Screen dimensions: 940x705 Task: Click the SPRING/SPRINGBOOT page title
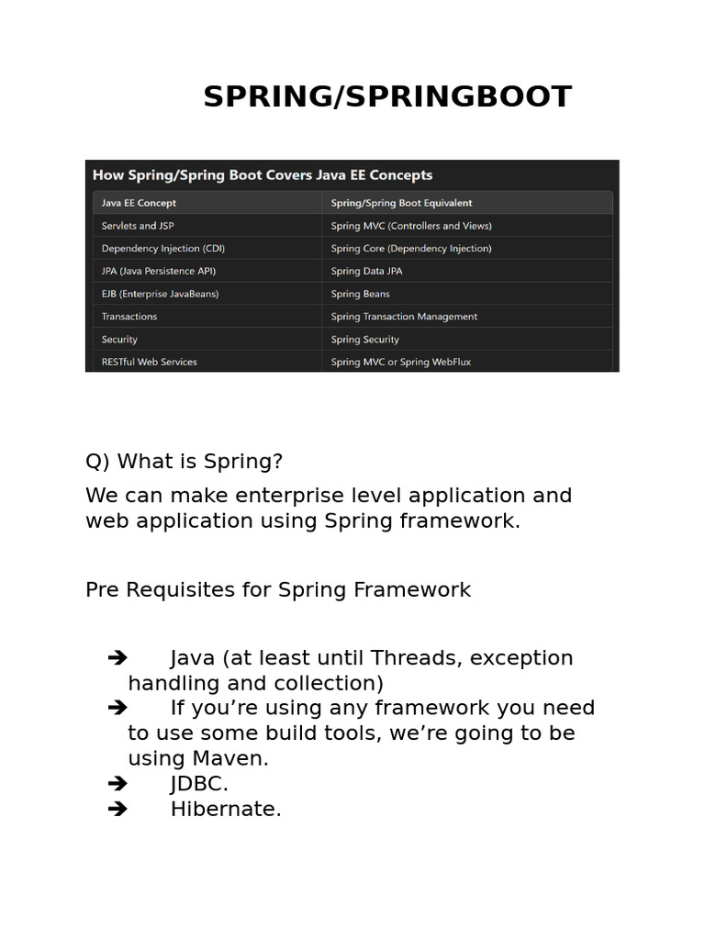pos(386,96)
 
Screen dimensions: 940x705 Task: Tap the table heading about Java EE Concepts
pos(262,174)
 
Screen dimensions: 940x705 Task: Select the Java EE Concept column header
pos(139,203)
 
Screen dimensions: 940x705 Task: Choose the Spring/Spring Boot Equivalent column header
pos(401,203)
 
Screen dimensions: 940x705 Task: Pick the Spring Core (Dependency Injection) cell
pos(411,248)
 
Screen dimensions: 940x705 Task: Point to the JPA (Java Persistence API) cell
pos(159,271)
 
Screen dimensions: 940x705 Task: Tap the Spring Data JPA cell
pos(366,271)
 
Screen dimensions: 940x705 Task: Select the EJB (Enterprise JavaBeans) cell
pos(160,294)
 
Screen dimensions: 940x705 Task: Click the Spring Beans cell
pos(360,294)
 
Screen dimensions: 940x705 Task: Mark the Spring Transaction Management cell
pos(404,317)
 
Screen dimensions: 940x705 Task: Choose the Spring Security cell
pos(364,340)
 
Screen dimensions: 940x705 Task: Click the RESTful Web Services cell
pos(149,362)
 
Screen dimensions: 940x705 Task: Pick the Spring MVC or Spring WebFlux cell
pos(400,362)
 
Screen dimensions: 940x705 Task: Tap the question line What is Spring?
pos(185,461)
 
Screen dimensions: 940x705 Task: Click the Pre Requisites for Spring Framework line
pos(278,589)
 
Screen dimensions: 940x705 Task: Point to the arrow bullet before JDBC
pos(117,784)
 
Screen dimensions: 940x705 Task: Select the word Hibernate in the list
pos(224,809)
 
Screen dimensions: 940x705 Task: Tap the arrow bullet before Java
pos(117,657)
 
